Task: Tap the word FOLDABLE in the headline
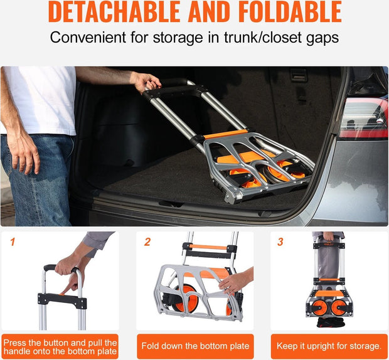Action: click(x=284, y=12)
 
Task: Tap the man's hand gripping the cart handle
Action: click(x=146, y=81)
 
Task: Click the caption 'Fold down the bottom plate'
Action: click(x=195, y=346)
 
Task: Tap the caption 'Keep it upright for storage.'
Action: click(x=329, y=346)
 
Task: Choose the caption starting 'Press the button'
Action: click(x=60, y=346)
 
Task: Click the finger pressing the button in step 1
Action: click(x=66, y=285)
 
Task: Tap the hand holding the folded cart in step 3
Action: click(x=329, y=237)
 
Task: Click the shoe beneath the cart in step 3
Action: click(x=328, y=322)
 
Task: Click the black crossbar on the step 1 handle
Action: click(x=61, y=299)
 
